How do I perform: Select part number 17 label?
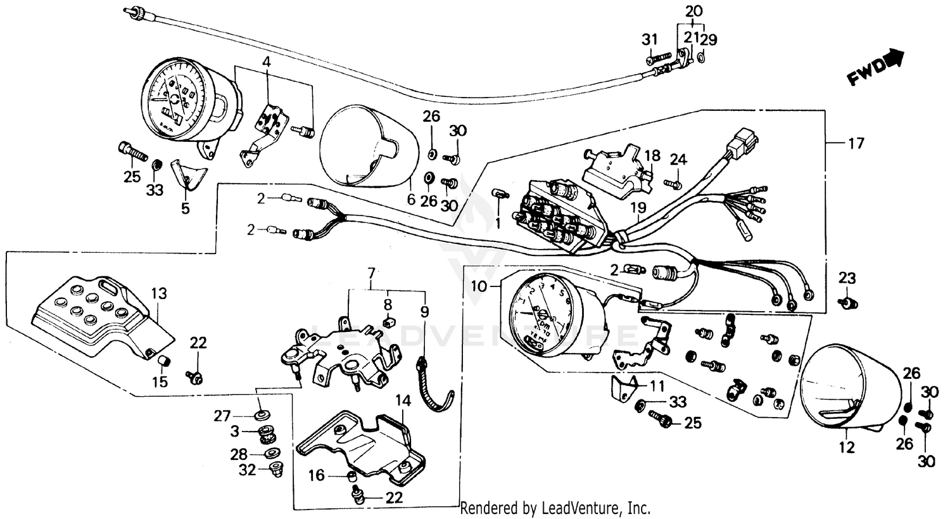coord(856,144)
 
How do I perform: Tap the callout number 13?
coord(159,293)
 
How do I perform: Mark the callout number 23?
coord(847,278)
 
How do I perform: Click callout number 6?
coord(410,199)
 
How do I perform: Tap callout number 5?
coord(185,208)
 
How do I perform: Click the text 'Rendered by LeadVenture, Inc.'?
coord(555,508)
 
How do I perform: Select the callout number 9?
coord(424,312)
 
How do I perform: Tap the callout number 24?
coord(678,160)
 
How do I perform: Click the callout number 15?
coord(160,381)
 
